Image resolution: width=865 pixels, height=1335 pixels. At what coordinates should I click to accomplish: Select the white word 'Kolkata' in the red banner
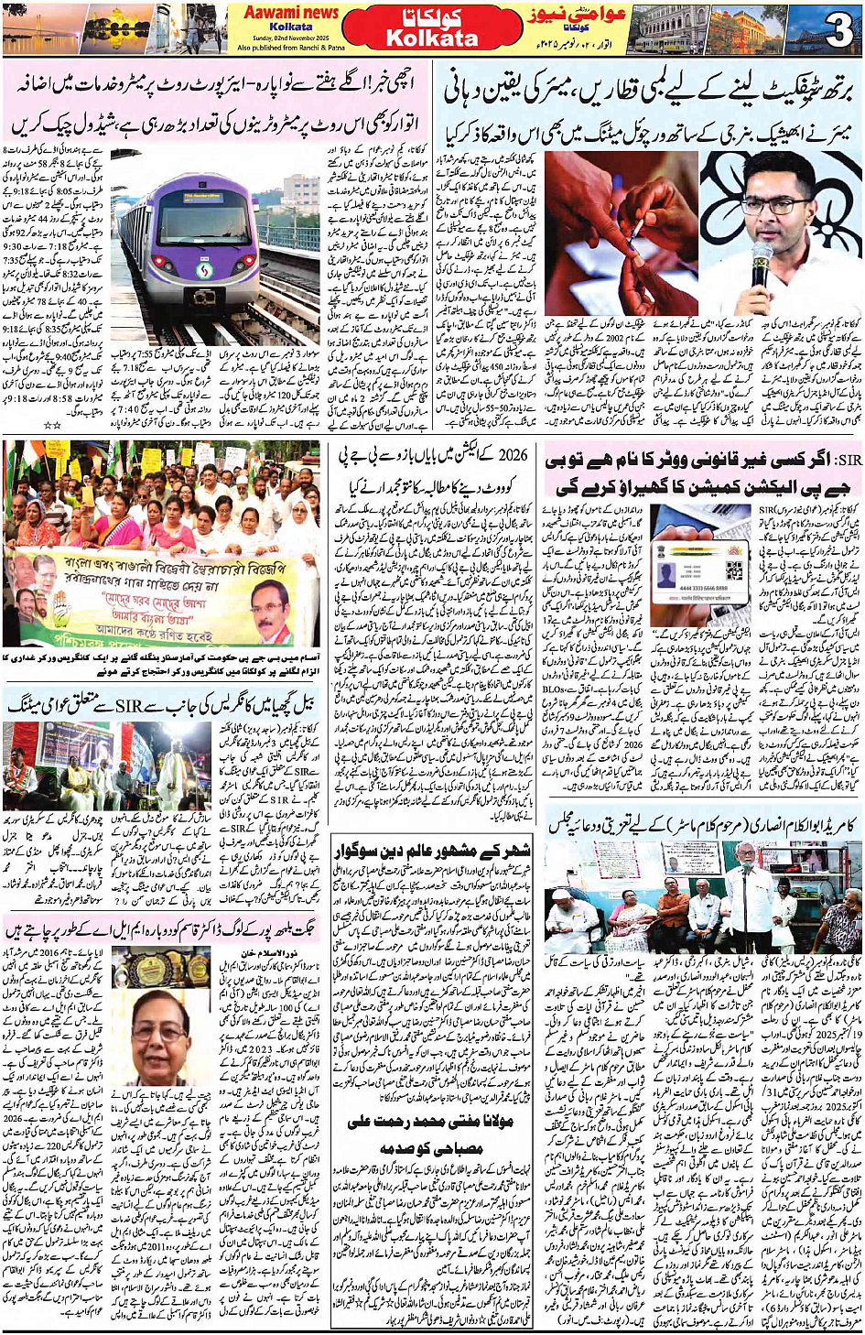(x=431, y=38)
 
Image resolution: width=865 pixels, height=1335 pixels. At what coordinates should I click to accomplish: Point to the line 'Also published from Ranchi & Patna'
(x=290, y=48)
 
